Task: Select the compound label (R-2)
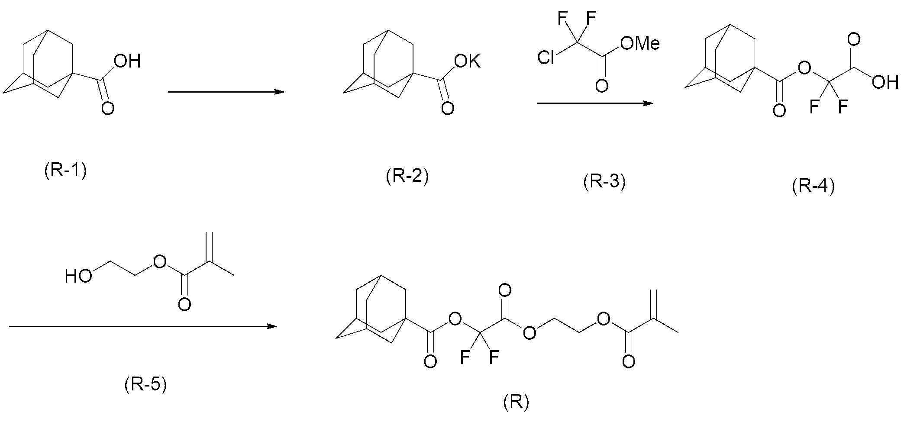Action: click(407, 177)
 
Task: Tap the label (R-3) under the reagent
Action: click(604, 182)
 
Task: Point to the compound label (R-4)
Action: click(813, 187)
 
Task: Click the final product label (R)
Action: click(516, 403)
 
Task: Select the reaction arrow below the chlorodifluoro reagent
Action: click(595, 103)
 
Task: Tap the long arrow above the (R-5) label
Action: click(143, 326)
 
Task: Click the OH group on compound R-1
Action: click(127, 61)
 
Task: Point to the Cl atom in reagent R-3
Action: click(546, 58)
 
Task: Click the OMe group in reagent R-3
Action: click(639, 43)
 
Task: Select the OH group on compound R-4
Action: click(885, 82)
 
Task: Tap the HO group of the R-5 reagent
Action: click(78, 276)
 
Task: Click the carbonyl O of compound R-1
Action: click(108, 108)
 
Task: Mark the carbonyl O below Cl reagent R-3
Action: click(601, 85)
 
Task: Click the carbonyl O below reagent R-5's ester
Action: click(184, 304)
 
